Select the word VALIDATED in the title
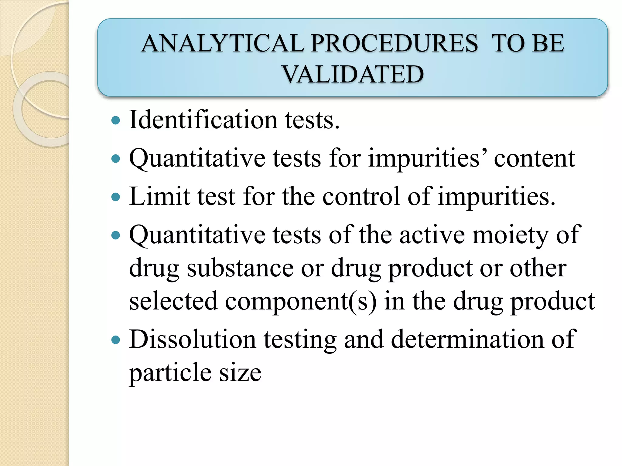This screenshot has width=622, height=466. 353,74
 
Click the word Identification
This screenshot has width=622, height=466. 203,120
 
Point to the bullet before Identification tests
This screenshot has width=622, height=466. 116,121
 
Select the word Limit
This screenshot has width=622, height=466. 159,197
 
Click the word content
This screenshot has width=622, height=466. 534,158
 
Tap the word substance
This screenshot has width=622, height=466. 240,268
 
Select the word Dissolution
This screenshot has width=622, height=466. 192,339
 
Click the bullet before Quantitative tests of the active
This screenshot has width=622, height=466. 116,235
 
